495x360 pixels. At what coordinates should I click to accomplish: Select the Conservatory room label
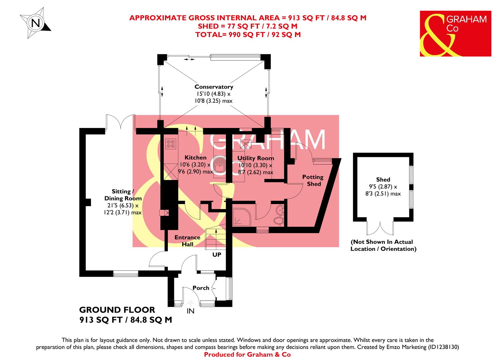214,87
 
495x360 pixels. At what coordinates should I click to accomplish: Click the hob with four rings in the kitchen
171,143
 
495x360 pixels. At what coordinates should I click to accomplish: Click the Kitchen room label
196,158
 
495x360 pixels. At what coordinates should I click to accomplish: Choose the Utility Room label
255,158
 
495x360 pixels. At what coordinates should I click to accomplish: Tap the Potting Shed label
313,180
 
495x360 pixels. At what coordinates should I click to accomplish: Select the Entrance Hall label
188,241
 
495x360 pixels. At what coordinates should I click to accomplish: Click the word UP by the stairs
217,255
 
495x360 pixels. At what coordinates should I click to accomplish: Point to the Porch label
201,288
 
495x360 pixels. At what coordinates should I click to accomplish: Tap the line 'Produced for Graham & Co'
247,354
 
